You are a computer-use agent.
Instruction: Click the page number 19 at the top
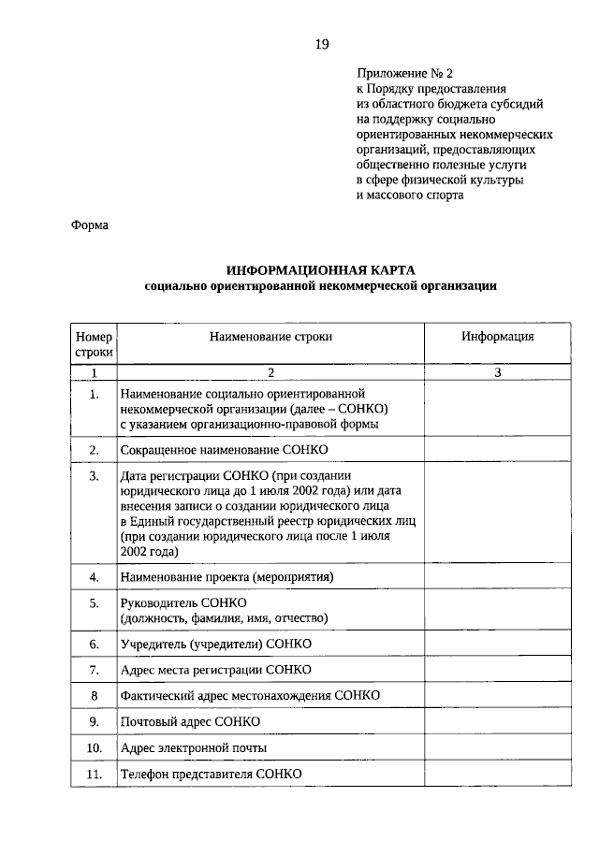[x=321, y=44]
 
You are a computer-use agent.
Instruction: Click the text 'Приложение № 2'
[x=404, y=73]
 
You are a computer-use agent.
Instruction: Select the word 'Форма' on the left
[x=90, y=225]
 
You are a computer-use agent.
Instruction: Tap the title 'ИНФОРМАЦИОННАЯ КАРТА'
[x=320, y=269]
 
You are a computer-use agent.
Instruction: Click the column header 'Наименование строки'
[x=270, y=337]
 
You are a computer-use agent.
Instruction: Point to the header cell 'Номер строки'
[x=94, y=344]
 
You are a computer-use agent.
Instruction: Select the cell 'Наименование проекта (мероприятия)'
[x=226, y=577]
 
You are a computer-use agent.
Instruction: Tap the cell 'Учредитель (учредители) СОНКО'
[x=215, y=645]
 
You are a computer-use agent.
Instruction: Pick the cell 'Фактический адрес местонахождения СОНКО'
[x=250, y=696]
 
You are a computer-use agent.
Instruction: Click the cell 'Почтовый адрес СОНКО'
[x=190, y=722]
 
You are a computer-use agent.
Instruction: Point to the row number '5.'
[x=94, y=603]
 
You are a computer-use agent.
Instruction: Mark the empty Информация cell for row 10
[x=497, y=748]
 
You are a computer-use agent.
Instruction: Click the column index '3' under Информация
[x=497, y=373]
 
